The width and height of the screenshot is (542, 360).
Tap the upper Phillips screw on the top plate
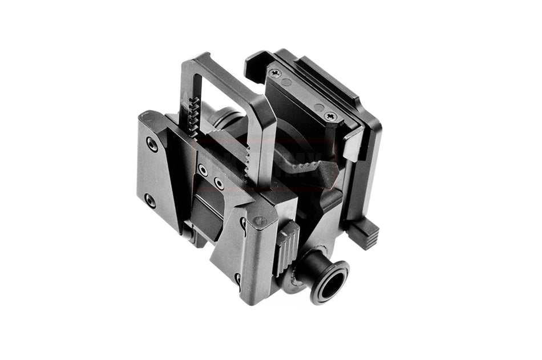coord(276,73)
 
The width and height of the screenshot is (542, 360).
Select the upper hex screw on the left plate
coord(152,143)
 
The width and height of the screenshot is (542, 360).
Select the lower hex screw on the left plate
coord(150,201)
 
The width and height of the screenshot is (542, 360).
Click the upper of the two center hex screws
coord(202,170)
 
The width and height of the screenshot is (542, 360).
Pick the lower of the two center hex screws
coord(217,183)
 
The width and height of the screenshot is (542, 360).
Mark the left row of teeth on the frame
coord(193,117)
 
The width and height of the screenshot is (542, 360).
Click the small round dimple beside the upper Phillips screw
coord(287,82)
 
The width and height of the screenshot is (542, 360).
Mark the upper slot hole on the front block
coord(242,225)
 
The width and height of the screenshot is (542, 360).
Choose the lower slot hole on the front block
coord(237,279)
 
